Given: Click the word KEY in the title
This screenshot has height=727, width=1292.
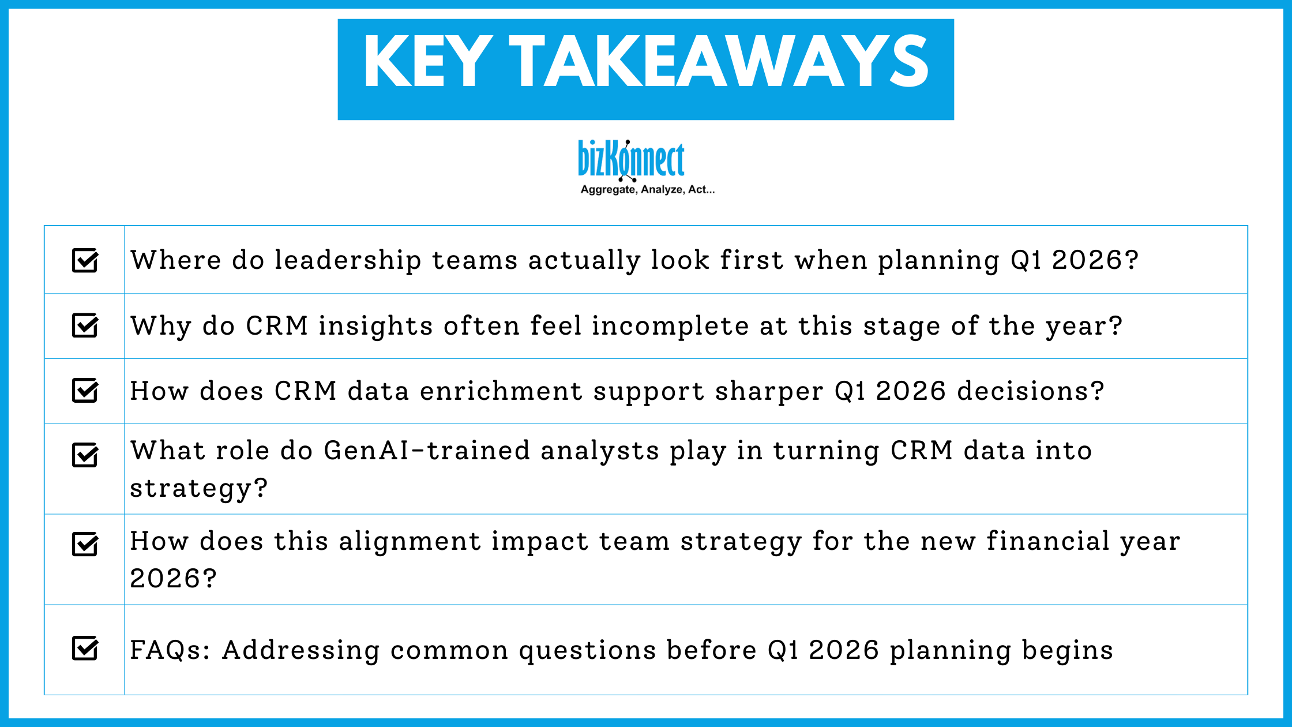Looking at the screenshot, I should coord(427,62).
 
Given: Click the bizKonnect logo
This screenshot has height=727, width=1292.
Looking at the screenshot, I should coord(631,160).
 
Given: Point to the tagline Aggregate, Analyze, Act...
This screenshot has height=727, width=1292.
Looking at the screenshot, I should coord(647,190).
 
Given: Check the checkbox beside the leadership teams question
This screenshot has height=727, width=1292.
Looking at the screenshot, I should coord(85,260).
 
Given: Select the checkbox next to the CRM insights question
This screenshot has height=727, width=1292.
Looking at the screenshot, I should coord(85,325).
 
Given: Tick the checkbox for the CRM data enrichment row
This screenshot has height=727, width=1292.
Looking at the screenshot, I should coord(85,391).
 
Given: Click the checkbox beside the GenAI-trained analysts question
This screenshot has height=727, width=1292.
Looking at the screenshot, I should coord(85,455).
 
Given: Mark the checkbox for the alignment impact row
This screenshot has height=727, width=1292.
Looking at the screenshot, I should coord(85,544).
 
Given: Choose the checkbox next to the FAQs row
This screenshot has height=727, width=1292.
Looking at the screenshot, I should coord(85,648).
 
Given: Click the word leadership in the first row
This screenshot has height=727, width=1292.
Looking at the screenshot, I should coord(347,260).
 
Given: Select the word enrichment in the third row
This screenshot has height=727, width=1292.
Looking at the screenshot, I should coord(501,391).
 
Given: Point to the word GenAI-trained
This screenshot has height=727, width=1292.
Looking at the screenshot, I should coord(426,451).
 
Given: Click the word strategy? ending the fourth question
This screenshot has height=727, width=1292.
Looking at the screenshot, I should coord(199,489).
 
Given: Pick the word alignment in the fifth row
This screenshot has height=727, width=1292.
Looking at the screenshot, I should coord(409,542).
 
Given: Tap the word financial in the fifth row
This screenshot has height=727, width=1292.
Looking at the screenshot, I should coord(1047,541).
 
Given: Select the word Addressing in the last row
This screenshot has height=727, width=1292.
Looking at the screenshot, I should coord(301,650).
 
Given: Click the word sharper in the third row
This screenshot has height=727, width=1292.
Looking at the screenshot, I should coord(769,392).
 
